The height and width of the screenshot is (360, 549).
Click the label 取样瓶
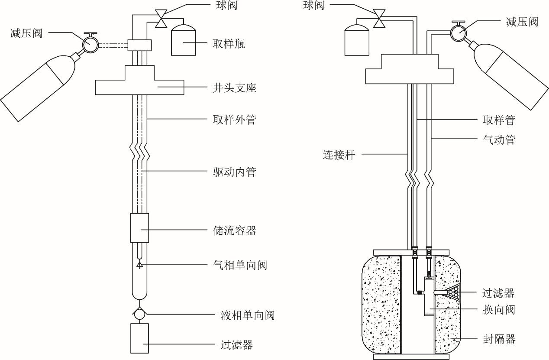(x=229, y=44)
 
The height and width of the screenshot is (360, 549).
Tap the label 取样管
(x=499, y=119)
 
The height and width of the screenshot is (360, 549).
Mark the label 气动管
(x=499, y=139)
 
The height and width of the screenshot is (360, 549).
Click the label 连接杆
(x=339, y=154)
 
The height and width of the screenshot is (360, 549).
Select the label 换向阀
(x=499, y=310)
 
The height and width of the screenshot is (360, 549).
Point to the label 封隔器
(x=499, y=338)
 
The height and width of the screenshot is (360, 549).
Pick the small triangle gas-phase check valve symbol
(x=139, y=264)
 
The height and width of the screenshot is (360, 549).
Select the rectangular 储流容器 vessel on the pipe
(x=139, y=228)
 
